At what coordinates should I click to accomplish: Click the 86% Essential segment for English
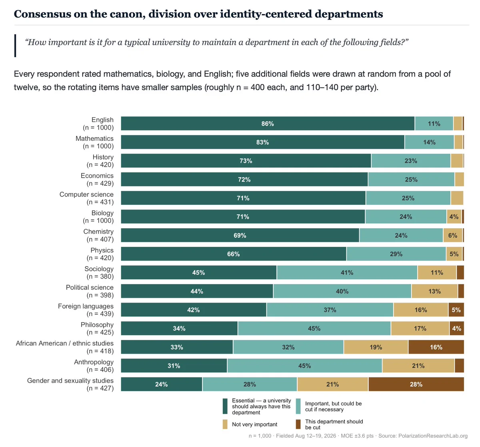268,123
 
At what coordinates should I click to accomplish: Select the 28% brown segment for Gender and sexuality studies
416,384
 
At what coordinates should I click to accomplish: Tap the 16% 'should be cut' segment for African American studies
436,347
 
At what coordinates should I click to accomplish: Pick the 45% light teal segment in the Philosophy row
314,328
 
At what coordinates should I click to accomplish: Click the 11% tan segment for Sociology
437,273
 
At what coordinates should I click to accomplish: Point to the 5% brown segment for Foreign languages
456,310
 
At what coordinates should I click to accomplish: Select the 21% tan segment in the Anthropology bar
418,365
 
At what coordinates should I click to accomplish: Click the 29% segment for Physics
396,254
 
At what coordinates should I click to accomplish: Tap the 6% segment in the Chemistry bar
453,235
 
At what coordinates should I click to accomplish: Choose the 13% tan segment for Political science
434,291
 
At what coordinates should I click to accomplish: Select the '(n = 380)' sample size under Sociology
100,277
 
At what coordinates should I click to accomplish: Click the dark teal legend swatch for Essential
225,406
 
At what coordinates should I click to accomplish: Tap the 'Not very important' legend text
254,424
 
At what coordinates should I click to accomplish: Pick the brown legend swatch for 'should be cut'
298,424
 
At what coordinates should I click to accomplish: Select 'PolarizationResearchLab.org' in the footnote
433,436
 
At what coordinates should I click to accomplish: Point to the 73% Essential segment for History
246,160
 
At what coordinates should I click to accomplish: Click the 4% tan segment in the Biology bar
454,216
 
